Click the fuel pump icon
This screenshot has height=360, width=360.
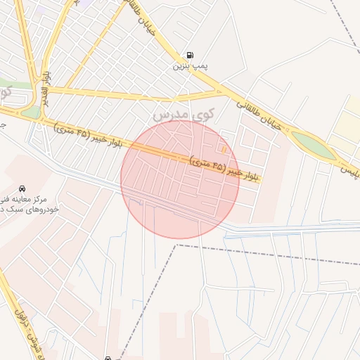[189, 56]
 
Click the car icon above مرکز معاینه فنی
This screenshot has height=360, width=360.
[22, 188]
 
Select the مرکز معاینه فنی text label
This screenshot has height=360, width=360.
[29, 200]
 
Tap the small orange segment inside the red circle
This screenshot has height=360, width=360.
[224, 148]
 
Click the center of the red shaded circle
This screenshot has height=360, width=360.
[180, 179]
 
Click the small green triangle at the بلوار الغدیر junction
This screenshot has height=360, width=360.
[31, 112]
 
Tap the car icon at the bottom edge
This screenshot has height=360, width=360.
[108, 357]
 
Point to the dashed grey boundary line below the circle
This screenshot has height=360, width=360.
[246, 250]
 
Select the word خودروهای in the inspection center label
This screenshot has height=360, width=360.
[42, 210]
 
